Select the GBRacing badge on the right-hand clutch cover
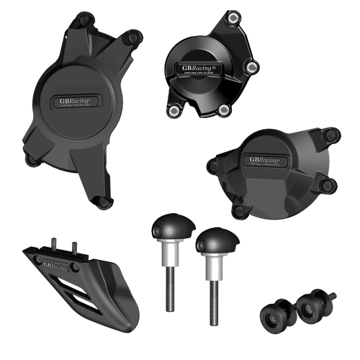tap(266, 158)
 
